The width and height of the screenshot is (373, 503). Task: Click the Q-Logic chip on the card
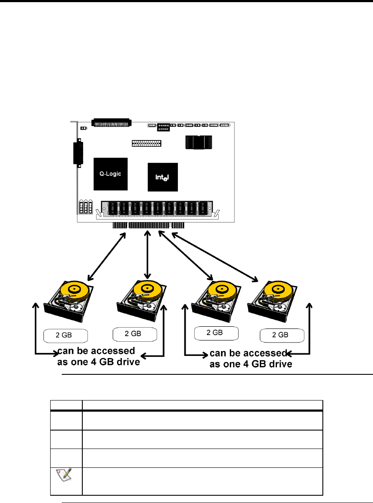[x=111, y=174]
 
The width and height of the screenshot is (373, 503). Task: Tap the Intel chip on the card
[x=162, y=177]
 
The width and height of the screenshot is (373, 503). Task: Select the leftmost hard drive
[x=69, y=301]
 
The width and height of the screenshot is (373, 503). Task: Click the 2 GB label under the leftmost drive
[x=66, y=335]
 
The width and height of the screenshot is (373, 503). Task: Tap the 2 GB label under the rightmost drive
[x=282, y=335]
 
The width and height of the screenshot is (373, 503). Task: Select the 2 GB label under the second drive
[x=135, y=334]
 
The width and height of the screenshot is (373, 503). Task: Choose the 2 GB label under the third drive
[x=216, y=333]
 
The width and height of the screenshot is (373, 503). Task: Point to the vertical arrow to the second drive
[x=147, y=255]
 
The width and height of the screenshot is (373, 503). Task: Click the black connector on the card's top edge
[x=111, y=123]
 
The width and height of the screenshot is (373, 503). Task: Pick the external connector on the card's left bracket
[x=78, y=154]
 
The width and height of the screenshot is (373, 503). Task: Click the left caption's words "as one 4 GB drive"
[x=99, y=362]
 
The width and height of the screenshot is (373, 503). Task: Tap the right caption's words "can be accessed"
[x=248, y=353]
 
